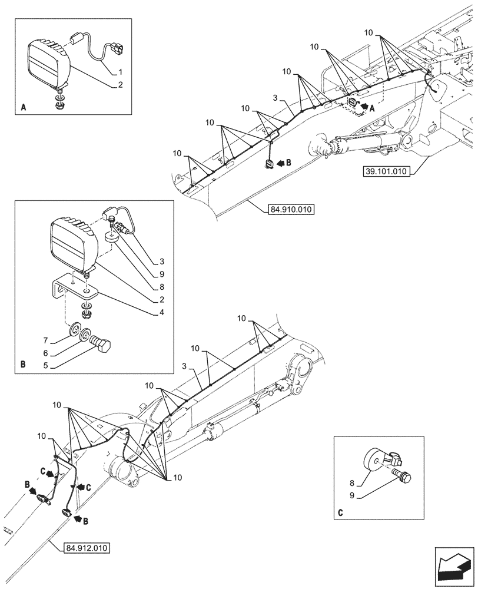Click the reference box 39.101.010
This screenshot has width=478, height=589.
click(390, 171)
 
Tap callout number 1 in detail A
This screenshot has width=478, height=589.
click(120, 71)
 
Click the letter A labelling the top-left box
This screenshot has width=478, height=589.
click(23, 108)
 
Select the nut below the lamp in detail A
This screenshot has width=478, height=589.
click(60, 106)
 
